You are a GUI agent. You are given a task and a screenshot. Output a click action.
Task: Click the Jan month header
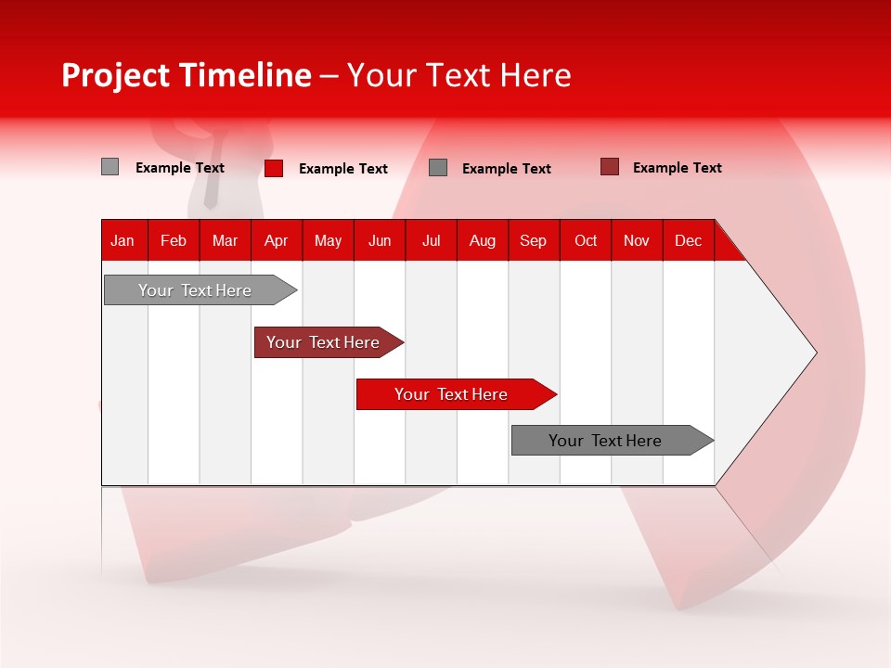123,240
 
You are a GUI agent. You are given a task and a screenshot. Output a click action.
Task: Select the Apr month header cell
276,240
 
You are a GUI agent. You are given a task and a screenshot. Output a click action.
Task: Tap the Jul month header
431,240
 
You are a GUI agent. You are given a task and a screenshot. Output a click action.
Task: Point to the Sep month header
533,240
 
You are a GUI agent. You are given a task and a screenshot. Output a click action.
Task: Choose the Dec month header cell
688,240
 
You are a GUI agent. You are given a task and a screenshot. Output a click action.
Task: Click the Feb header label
174,240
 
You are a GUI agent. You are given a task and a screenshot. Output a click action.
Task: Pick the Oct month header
585,240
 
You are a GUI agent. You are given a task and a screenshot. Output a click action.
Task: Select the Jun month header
379,240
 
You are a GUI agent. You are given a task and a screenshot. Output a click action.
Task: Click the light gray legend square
110,167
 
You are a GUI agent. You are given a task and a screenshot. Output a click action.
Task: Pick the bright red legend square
274,168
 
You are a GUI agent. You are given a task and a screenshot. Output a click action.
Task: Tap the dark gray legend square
438,167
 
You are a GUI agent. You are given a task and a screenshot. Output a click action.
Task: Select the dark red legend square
609,167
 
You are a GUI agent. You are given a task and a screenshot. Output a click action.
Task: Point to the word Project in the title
117,75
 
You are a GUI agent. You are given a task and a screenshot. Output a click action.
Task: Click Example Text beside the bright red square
342,169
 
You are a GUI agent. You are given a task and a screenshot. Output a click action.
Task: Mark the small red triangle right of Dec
727,247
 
